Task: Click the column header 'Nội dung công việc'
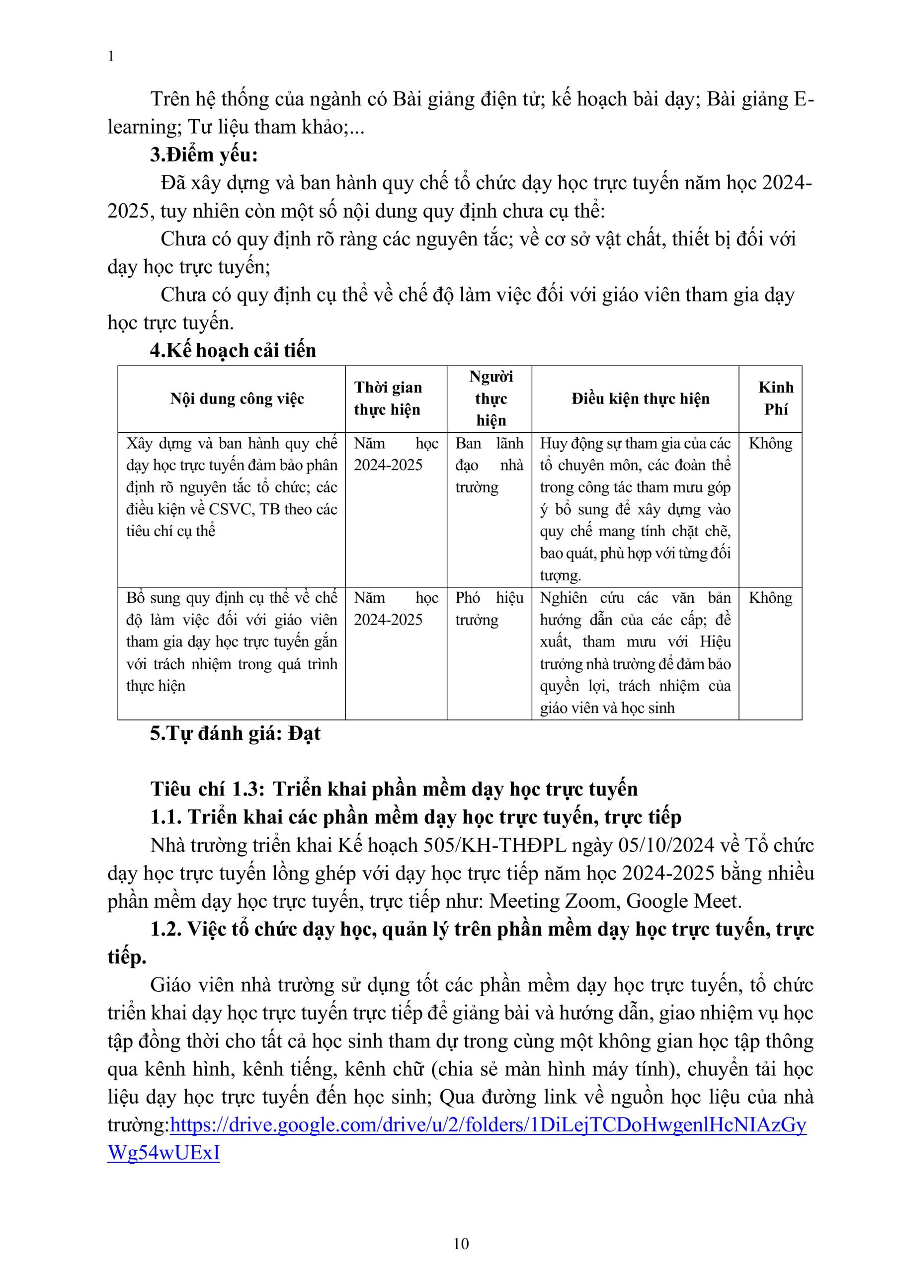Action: tap(237, 399)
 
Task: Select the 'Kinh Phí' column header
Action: tap(775, 398)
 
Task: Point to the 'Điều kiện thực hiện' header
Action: tap(640, 399)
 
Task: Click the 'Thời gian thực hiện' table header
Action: tap(388, 398)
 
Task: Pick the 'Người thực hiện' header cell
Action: tap(491, 398)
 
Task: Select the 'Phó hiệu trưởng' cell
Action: tap(489, 608)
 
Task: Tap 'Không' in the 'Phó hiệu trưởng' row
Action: tap(770, 598)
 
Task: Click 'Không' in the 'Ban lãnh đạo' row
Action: tap(770, 443)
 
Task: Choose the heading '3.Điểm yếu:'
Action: tap(204, 155)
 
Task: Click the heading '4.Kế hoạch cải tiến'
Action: tap(233, 350)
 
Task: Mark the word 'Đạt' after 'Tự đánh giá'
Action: tap(304, 733)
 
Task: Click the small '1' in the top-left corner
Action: tap(111, 57)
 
